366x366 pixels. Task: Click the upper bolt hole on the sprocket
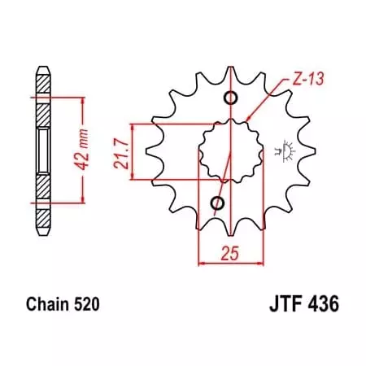[x=231, y=99]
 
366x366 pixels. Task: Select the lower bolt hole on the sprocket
[x=217, y=202]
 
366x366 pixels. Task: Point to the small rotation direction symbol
[x=286, y=150]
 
